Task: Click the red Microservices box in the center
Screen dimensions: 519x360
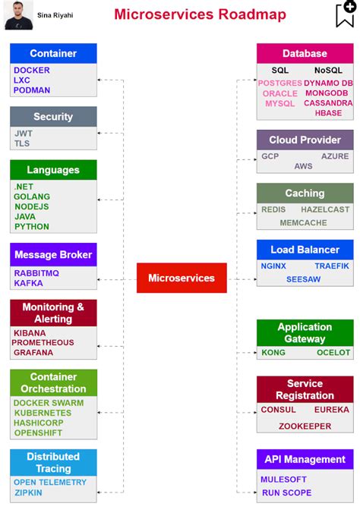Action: (x=182, y=278)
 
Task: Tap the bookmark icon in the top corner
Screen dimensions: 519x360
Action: (x=345, y=14)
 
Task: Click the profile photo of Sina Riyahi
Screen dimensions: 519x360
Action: (x=18, y=15)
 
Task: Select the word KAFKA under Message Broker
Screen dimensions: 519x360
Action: (x=28, y=283)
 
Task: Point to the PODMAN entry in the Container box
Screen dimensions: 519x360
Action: (x=32, y=90)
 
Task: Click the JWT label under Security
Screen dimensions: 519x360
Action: (x=24, y=134)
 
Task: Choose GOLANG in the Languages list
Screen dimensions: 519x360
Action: (x=32, y=197)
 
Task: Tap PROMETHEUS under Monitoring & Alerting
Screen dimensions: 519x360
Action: (x=43, y=342)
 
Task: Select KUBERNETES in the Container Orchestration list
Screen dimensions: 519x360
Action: (x=43, y=414)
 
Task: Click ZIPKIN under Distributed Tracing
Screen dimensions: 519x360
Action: (x=28, y=492)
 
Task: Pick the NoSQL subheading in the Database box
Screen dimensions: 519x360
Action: (x=328, y=71)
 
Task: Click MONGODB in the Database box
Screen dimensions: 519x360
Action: (x=326, y=93)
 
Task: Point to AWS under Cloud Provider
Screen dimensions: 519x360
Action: (x=303, y=166)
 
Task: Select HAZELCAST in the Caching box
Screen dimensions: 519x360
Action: (x=325, y=209)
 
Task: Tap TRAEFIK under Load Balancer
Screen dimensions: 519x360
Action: (x=332, y=266)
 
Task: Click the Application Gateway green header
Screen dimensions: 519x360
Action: (x=305, y=333)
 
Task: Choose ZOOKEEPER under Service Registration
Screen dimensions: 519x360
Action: (x=305, y=426)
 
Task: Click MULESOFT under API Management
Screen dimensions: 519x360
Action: (x=283, y=480)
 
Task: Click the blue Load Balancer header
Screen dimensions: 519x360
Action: (x=305, y=250)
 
